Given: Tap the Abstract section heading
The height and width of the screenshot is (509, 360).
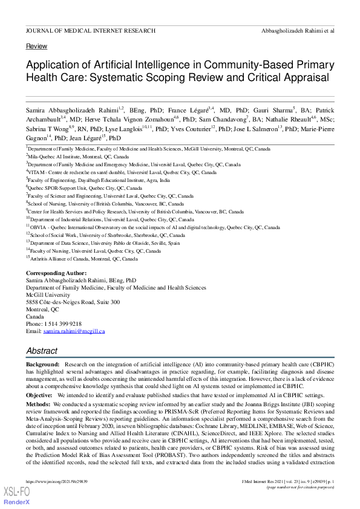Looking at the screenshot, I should tap(42, 351).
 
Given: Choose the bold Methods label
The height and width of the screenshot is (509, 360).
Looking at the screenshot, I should tap(38, 403).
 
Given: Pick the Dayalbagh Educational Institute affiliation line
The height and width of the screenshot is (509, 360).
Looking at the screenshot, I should tap(99, 180).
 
